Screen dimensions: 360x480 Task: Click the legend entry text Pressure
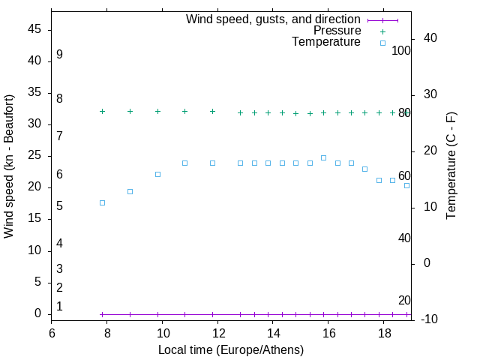[x=337, y=31]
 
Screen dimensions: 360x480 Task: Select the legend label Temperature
[x=326, y=42]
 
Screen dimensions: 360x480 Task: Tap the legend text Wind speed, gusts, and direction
[x=273, y=19]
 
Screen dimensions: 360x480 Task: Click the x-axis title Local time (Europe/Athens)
[x=231, y=349]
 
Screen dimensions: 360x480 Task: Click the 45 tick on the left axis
[x=34, y=29]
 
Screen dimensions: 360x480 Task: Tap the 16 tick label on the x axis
[x=329, y=333]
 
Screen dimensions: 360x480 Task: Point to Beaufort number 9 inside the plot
[x=59, y=55]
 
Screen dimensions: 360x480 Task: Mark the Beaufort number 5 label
[x=59, y=205]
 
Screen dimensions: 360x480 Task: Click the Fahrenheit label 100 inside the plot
[x=401, y=51]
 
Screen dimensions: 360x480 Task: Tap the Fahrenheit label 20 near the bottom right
[x=404, y=300]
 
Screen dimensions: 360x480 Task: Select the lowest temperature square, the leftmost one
[x=102, y=202]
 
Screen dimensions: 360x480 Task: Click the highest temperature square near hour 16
[x=323, y=157]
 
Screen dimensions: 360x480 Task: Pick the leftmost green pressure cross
[x=102, y=111]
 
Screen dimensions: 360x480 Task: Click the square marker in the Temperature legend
[x=382, y=43]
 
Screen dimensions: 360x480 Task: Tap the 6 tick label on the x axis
[x=52, y=333]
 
